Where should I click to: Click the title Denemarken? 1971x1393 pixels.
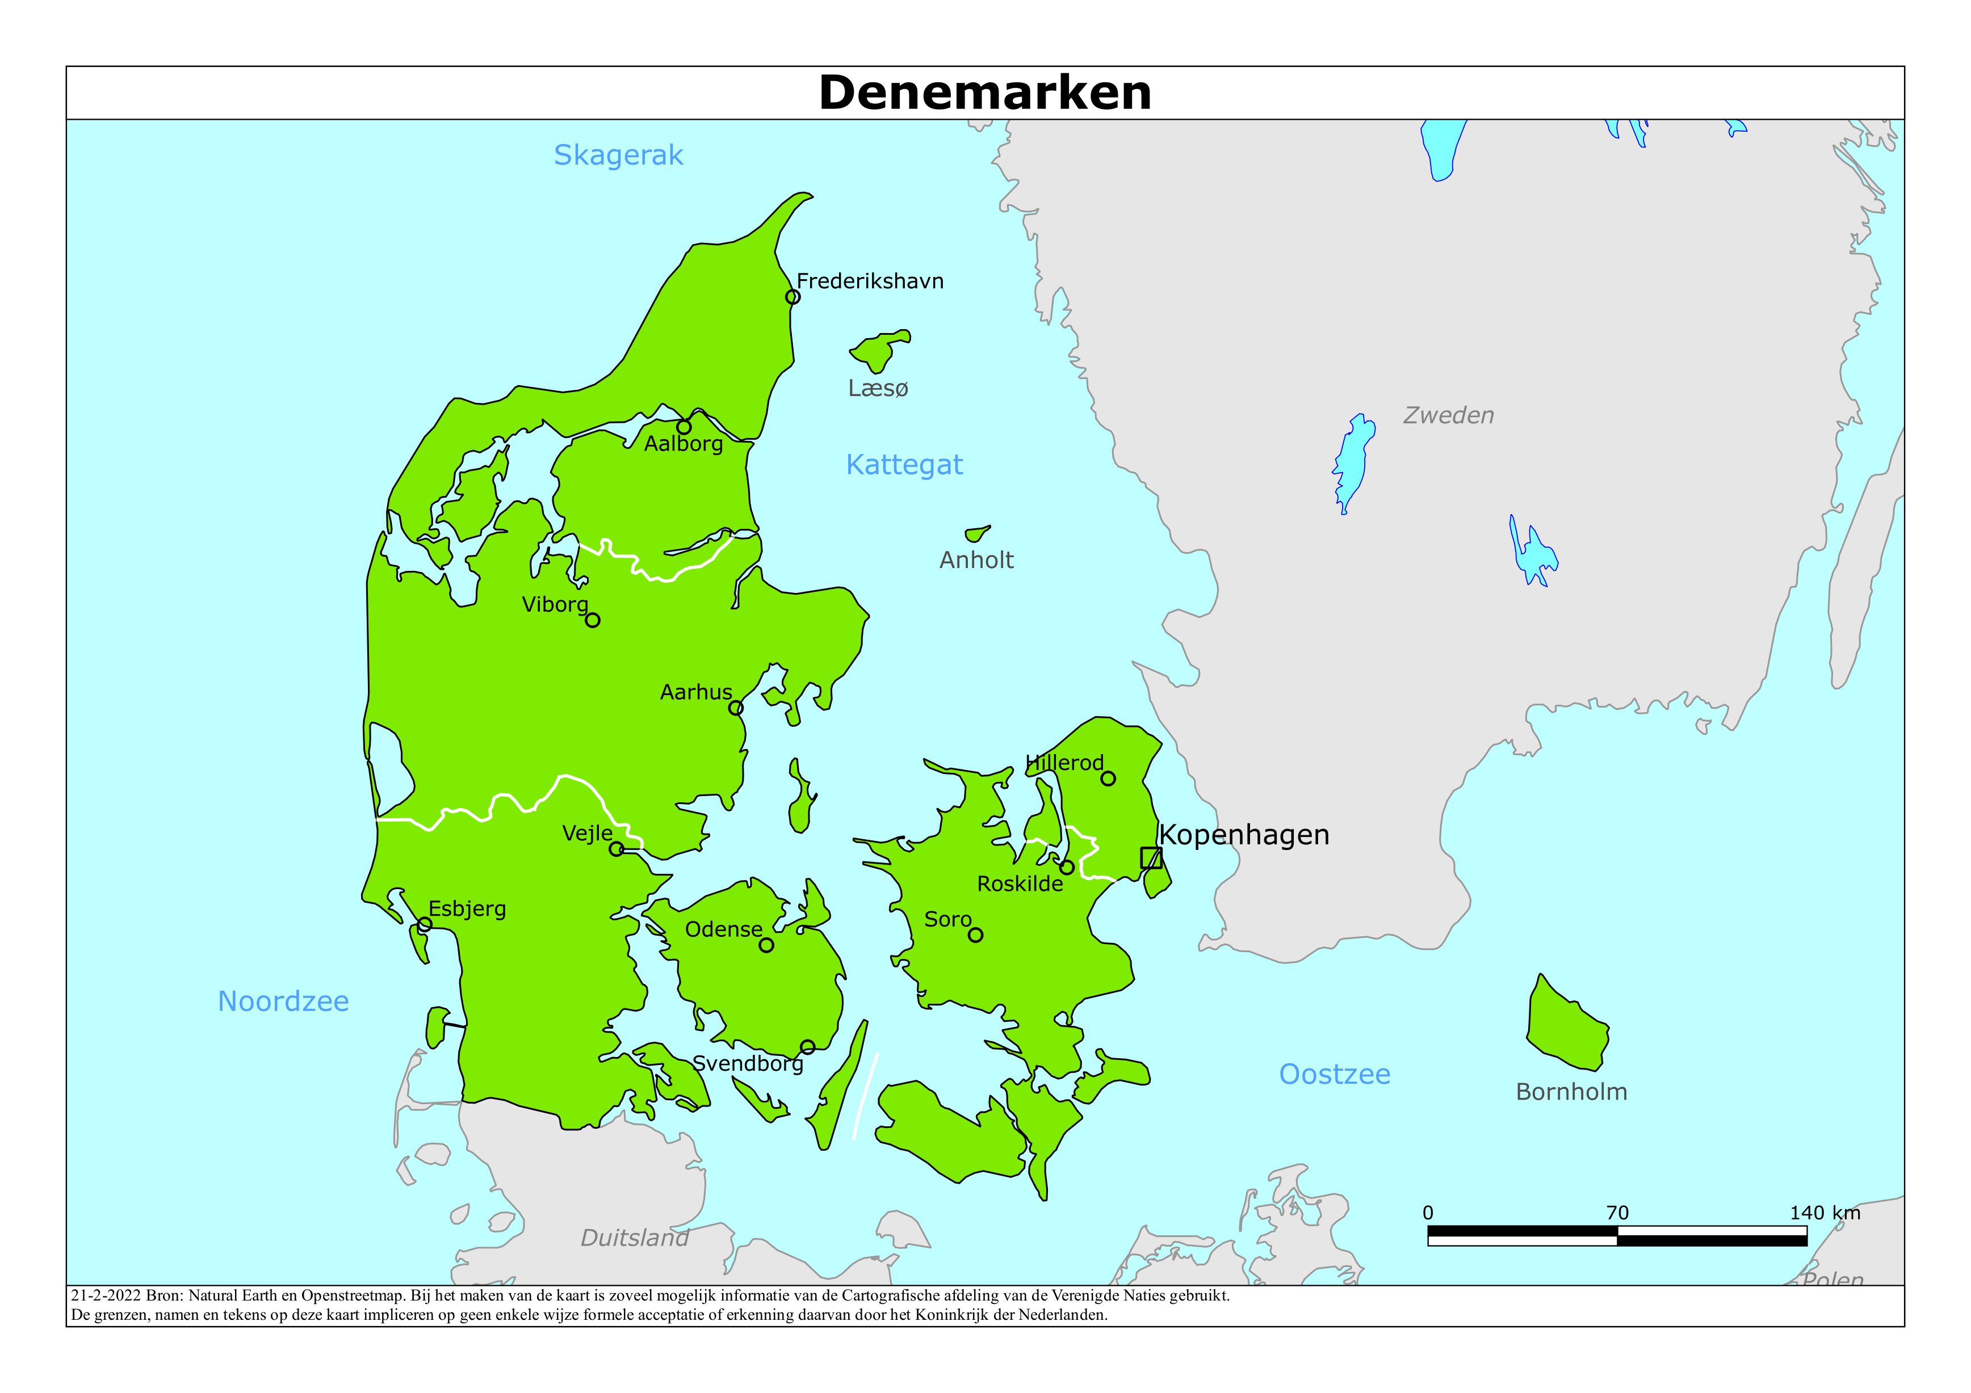(x=984, y=92)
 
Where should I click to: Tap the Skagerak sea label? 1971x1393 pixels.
(x=618, y=155)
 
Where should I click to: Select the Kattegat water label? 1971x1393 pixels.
(x=904, y=464)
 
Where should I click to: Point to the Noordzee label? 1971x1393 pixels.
(x=283, y=1001)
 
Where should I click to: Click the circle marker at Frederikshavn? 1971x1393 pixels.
(x=792, y=297)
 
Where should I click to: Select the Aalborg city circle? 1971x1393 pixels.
(x=683, y=427)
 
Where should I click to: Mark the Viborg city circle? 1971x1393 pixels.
(x=592, y=620)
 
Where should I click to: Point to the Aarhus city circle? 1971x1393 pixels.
(x=736, y=708)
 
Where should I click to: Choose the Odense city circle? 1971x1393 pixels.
(x=766, y=945)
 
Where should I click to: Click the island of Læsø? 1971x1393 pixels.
(x=877, y=350)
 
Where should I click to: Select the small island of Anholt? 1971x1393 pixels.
(x=976, y=534)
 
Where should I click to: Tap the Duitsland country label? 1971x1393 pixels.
(x=635, y=1238)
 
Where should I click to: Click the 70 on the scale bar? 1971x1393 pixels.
(x=1617, y=1213)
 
